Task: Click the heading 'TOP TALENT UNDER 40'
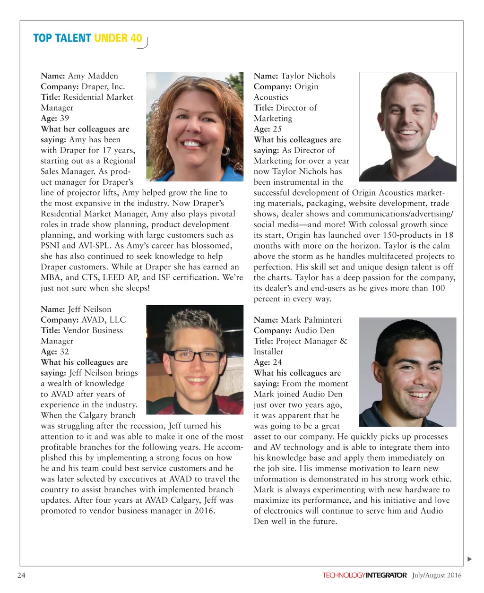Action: tap(87, 38)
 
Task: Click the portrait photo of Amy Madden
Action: tap(195, 126)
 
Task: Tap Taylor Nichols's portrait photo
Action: tap(407, 126)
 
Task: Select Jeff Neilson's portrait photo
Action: tap(195, 360)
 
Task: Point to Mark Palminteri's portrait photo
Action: tap(407, 372)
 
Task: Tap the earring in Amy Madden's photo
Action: tap(225, 152)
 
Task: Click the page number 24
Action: tap(21, 575)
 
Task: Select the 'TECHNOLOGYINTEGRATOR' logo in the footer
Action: tap(364, 575)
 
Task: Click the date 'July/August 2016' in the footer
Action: tap(436, 575)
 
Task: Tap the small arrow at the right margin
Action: tap(469, 559)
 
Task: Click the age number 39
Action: tap(64, 118)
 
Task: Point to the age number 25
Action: tap(277, 129)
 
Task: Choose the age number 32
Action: tap(64, 352)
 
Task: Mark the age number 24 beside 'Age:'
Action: tap(277, 362)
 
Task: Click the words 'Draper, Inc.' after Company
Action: tap(103, 86)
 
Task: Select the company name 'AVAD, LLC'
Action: tap(104, 320)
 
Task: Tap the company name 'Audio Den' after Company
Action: tap(314, 330)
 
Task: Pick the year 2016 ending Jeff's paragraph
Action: tap(205, 511)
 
